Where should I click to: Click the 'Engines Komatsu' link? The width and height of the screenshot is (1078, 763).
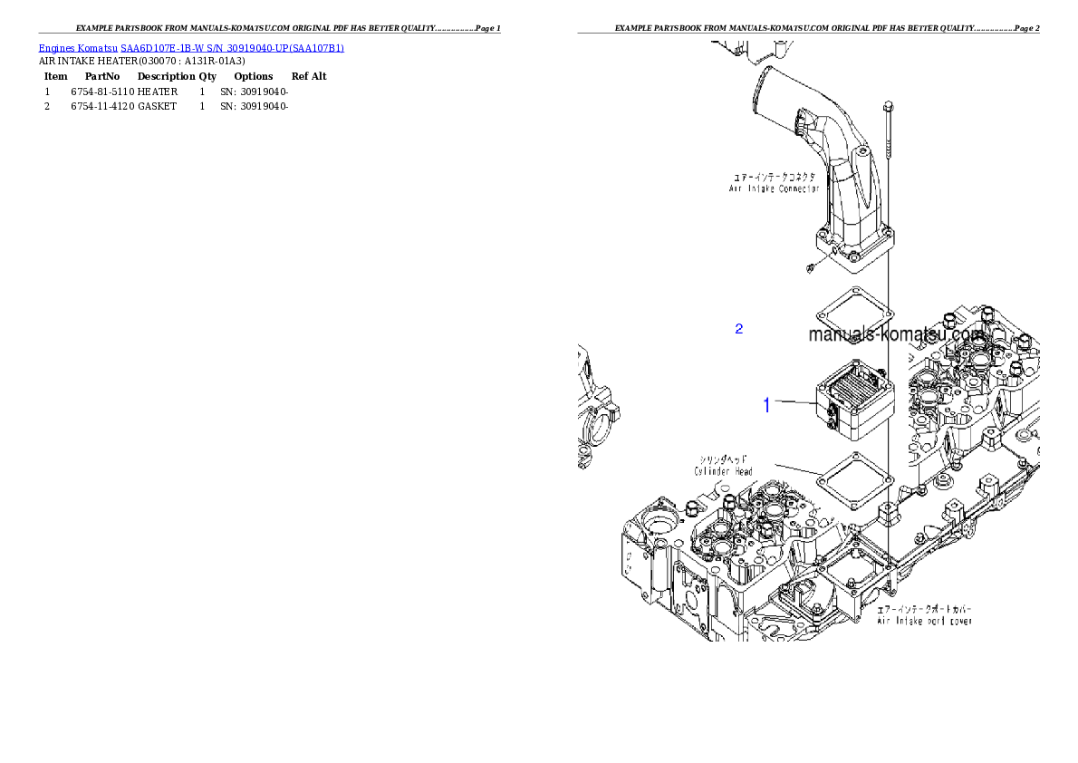click(78, 48)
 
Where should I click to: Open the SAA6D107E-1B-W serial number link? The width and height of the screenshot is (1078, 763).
click(233, 48)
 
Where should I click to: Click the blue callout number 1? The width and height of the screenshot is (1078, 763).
click(766, 405)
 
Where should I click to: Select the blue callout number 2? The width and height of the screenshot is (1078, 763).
click(738, 329)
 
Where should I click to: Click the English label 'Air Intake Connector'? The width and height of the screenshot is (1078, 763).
click(774, 189)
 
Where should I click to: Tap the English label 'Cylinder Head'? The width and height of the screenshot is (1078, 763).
click(723, 471)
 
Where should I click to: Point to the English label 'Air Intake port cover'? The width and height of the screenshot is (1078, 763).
click(924, 622)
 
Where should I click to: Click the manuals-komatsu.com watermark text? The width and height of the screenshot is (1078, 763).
click(895, 333)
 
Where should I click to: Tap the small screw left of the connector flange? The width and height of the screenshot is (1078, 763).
click(808, 266)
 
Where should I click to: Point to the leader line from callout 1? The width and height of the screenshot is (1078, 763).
click(795, 402)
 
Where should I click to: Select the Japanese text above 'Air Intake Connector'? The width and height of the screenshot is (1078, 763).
click(774, 178)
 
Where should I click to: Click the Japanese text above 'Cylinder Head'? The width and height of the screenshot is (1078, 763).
click(723, 459)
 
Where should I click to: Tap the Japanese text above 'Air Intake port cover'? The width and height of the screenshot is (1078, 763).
click(924, 609)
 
